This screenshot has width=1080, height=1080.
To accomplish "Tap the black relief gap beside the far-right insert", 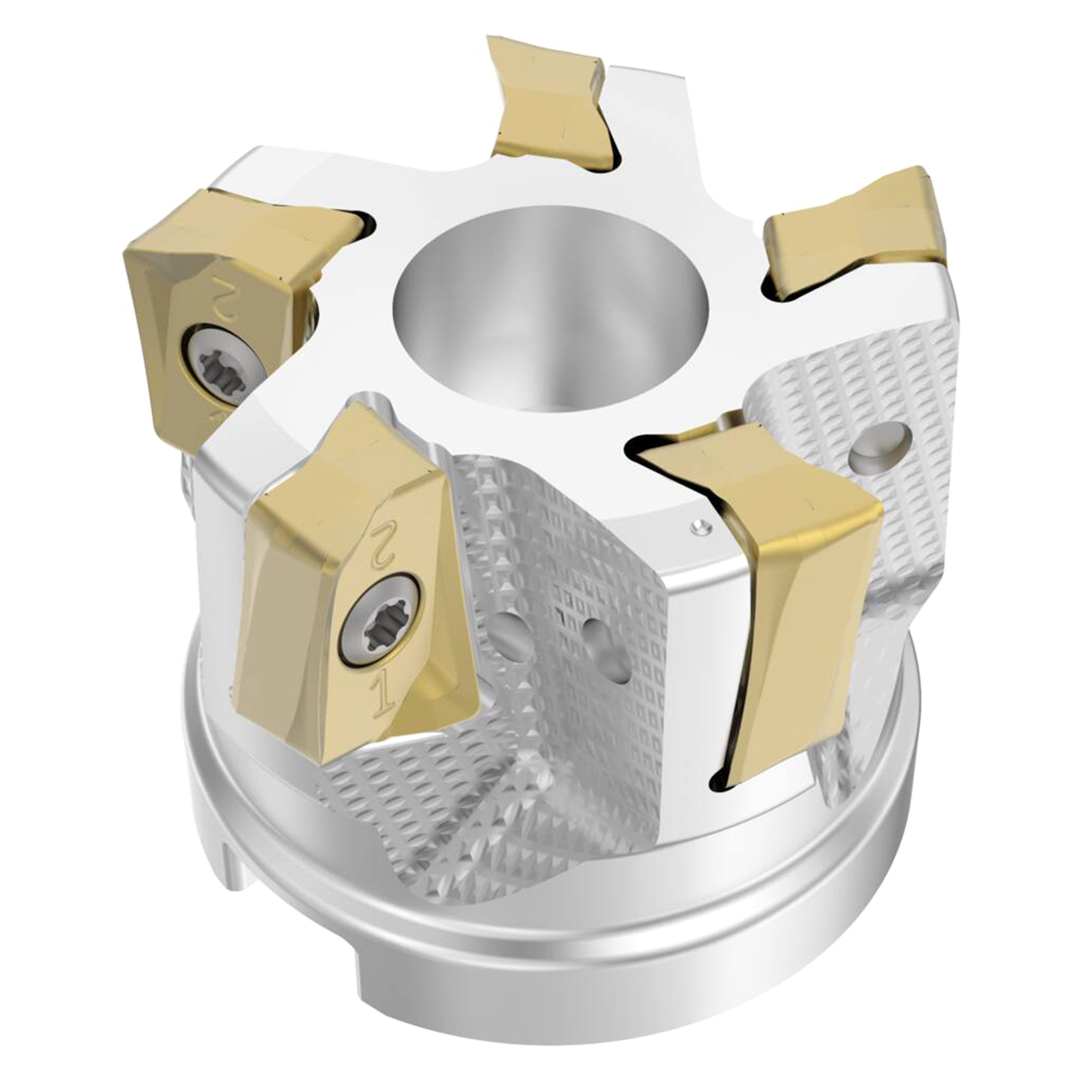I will [785, 291].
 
